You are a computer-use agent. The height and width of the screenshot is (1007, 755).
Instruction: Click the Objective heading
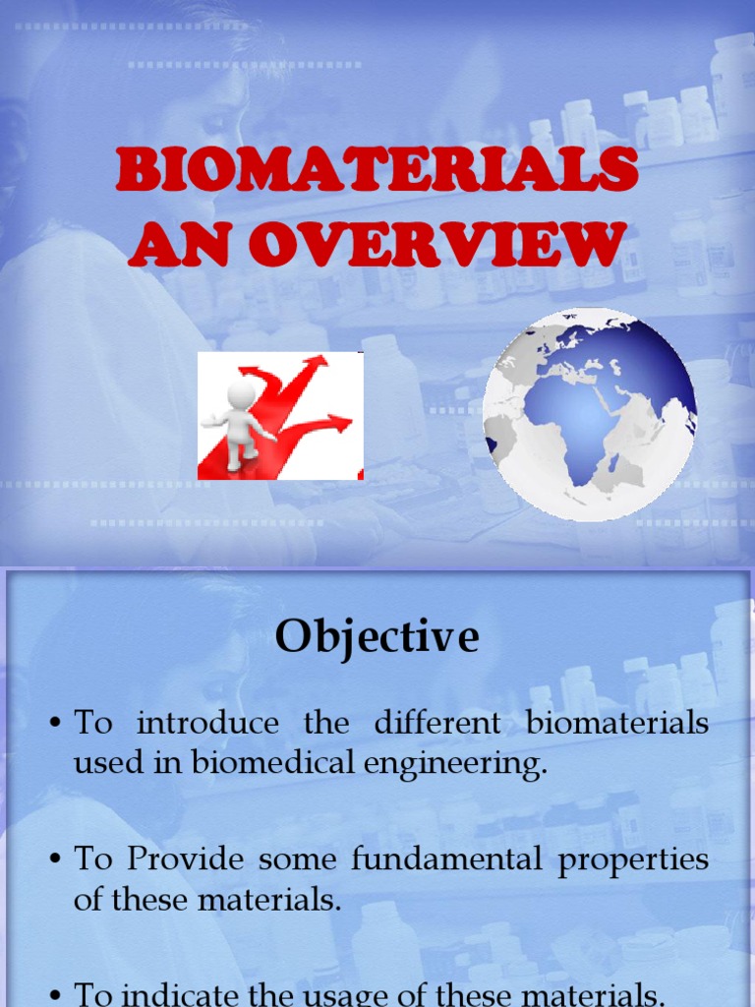click(377, 637)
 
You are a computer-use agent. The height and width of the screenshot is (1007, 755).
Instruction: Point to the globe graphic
click(589, 414)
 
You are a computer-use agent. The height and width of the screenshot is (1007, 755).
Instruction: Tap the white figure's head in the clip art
click(241, 393)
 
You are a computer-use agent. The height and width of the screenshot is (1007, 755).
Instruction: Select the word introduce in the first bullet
click(207, 724)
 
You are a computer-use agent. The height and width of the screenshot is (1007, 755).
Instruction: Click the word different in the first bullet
click(436, 724)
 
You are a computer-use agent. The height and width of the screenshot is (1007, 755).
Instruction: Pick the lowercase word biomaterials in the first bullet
click(617, 724)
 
